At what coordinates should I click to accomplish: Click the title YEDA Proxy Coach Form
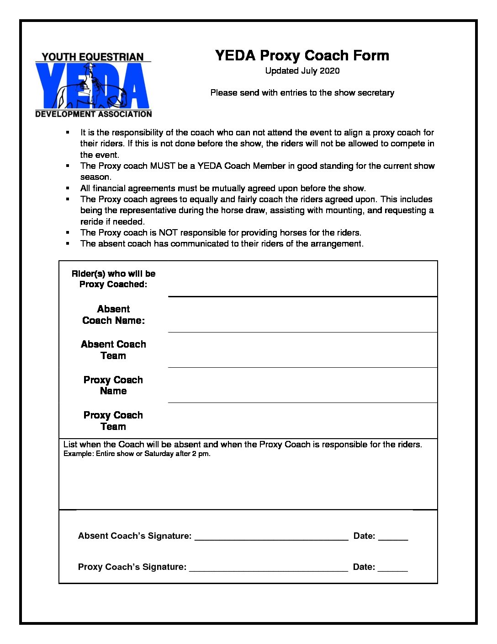302,56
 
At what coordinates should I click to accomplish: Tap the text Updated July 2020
302,71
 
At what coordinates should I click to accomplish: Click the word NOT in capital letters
168,233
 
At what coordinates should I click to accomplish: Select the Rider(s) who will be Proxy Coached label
113,279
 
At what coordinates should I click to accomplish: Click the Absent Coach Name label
113,315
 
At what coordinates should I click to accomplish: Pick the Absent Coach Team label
113,350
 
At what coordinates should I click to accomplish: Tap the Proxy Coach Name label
113,386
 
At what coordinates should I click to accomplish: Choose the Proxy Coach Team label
113,421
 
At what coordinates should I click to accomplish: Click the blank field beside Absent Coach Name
302,316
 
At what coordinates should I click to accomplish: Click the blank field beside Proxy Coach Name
302,386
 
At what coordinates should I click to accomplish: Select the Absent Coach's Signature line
271,536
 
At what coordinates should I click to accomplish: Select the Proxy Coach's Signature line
269,567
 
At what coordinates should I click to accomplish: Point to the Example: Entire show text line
137,454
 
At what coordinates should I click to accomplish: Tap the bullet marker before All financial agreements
68,188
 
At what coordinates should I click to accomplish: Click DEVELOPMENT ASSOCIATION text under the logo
94,114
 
